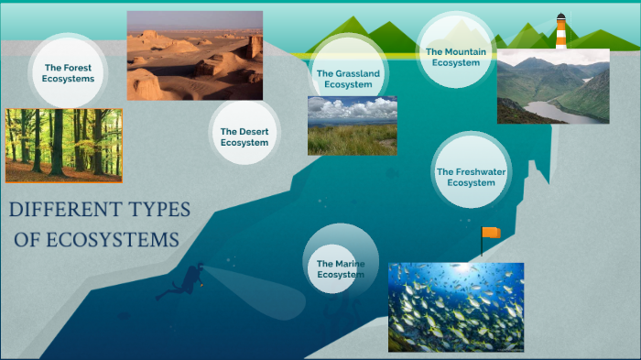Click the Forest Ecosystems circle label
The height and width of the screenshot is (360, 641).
tap(69, 72)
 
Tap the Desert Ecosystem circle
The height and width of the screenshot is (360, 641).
tap(244, 136)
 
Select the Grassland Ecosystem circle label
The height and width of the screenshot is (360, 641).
tap(343, 78)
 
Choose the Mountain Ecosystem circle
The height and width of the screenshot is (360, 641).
tap(455, 57)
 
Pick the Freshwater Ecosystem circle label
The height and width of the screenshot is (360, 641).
tap(471, 177)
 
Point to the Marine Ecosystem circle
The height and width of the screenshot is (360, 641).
tap(341, 268)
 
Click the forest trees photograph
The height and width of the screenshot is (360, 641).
tap(63, 146)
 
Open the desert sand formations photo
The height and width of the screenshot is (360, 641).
tap(194, 55)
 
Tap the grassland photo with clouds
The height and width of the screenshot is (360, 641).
tap(352, 125)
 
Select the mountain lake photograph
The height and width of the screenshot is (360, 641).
tap(552, 86)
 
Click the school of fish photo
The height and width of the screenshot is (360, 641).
tap(455, 307)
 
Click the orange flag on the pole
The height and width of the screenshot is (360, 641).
tap(492, 233)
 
